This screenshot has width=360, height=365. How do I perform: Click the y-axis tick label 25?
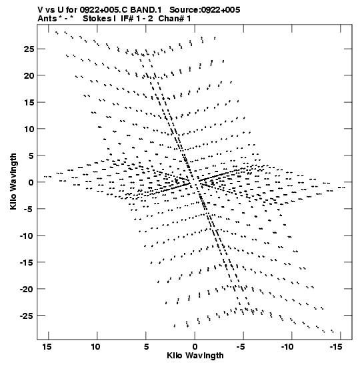click(x=29, y=49)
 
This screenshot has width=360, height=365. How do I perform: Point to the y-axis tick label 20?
click(x=29, y=75)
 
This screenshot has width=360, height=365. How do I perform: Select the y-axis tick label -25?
click(x=27, y=316)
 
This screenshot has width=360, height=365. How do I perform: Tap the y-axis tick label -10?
click(x=27, y=236)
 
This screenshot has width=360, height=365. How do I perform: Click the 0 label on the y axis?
click(x=31, y=182)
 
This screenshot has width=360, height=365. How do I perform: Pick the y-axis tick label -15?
click(x=27, y=262)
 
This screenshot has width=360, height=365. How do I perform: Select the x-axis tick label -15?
click(x=336, y=346)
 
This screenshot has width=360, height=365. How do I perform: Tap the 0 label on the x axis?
click(x=195, y=346)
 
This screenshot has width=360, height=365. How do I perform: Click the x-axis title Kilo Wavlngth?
click(x=195, y=356)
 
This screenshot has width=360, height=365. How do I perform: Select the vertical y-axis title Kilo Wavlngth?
click(x=13, y=181)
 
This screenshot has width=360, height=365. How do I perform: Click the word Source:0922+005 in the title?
click(x=205, y=10)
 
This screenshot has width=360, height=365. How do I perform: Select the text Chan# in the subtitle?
click(x=171, y=19)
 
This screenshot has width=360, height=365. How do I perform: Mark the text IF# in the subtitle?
click(x=127, y=19)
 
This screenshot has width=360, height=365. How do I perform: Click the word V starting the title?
click(x=41, y=10)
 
